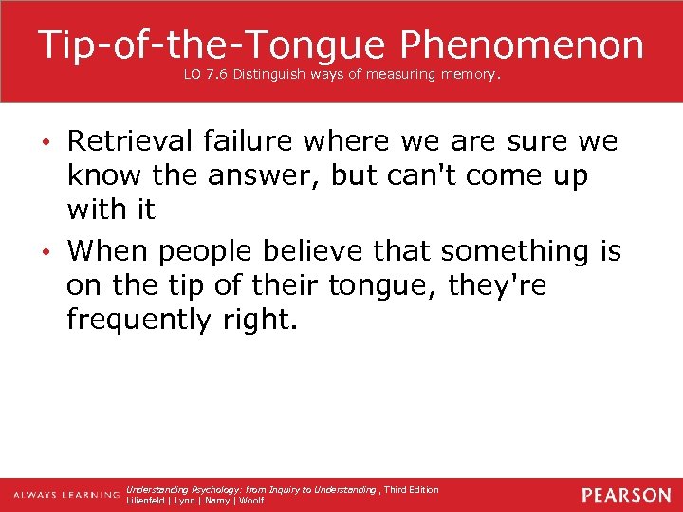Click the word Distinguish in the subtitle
pyautogui.click(x=272, y=73)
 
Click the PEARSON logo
pyautogui.click(x=626, y=495)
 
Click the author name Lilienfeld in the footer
pyautogui.click(x=148, y=500)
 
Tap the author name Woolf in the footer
pyautogui.click(x=251, y=500)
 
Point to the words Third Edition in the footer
pyautogui.click(x=412, y=489)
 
